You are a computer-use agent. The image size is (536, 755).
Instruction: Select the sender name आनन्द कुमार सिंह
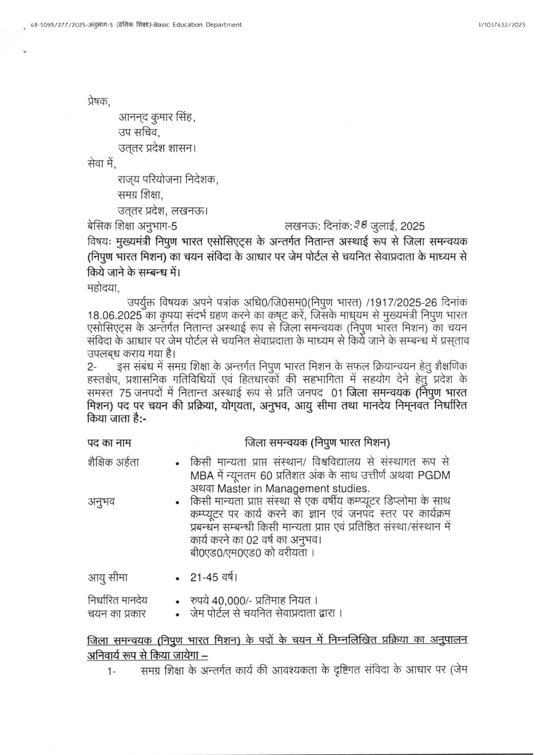click(156, 117)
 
